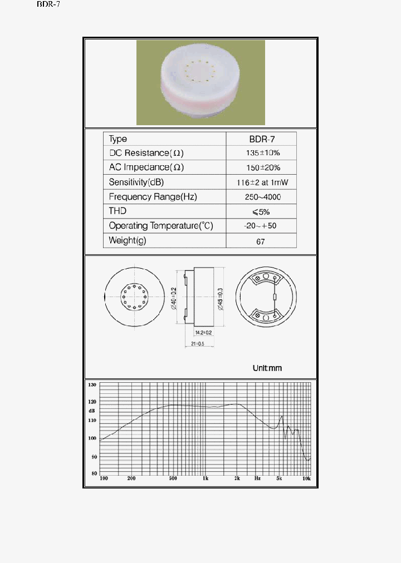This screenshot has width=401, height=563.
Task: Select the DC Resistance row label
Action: (x=146, y=153)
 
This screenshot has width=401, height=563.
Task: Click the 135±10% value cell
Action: (x=261, y=153)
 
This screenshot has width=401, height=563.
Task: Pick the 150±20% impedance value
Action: (x=261, y=167)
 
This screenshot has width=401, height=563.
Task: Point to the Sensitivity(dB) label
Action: (x=136, y=182)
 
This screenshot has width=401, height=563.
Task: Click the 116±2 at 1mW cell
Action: (x=261, y=182)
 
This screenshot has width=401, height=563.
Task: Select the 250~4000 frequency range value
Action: (x=261, y=197)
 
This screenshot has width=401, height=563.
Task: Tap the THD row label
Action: (x=118, y=211)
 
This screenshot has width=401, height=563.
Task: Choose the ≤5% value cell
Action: (x=261, y=211)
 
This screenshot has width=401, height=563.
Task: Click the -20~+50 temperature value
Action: (x=261, y=226)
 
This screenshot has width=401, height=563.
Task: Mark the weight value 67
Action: (x=261, y=241)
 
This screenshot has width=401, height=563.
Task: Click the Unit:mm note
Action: (x=267, y=368)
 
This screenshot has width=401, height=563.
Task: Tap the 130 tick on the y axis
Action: (x=93, y=385)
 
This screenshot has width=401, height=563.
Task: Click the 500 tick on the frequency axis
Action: (x=173, y=478)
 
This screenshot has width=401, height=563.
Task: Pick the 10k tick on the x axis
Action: (x=306, y=478)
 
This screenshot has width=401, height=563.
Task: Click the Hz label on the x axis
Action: (x=257, y=478)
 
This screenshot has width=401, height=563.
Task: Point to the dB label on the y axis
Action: (x=92, y=411)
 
